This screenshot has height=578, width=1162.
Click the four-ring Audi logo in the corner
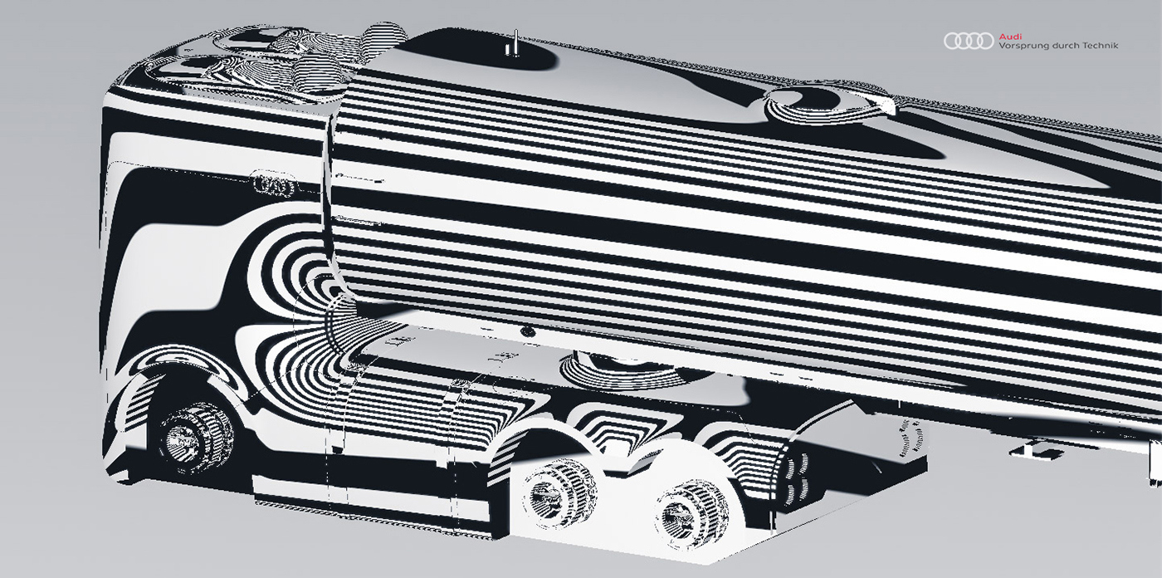[x=969, y=41]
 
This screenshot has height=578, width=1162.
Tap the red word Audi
[x=1008, y=36]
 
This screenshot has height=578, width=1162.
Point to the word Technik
[x=1101, y=46]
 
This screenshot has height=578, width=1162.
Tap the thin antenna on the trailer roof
[x=514, y=44]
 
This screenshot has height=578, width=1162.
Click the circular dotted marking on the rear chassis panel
[x=913, y=440]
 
